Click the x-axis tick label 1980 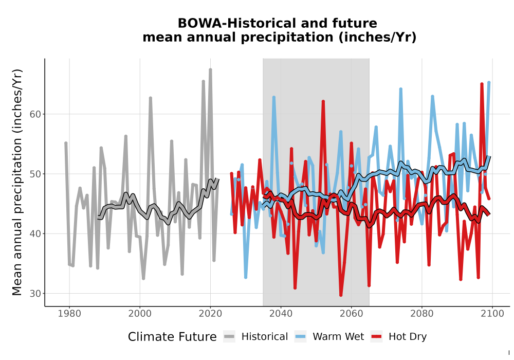69,314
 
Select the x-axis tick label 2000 140,314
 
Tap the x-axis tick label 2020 210,314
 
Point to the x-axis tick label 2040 281,314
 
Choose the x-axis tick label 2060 352,314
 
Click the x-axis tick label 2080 422,314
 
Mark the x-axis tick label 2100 492,314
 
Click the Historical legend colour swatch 229,337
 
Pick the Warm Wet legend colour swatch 300,337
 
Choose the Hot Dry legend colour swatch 377,337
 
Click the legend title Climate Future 172,337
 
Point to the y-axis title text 17,182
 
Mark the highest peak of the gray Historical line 210,69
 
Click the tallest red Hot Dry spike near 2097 482,84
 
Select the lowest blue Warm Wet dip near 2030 246,277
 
